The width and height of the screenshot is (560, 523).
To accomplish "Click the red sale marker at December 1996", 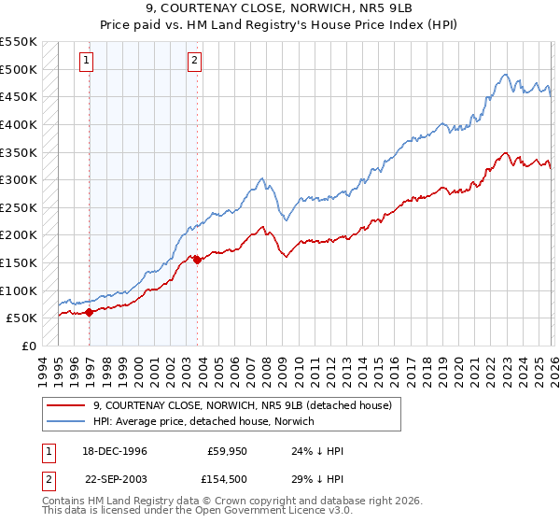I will [x=90, y=313].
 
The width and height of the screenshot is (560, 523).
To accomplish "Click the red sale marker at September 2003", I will [x=197, y=261].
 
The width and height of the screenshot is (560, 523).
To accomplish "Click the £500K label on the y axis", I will [x=19, y=69].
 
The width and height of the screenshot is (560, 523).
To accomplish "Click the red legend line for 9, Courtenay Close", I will [x=65, y=405].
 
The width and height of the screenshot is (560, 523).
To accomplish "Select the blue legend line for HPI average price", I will [x=65, y=421].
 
